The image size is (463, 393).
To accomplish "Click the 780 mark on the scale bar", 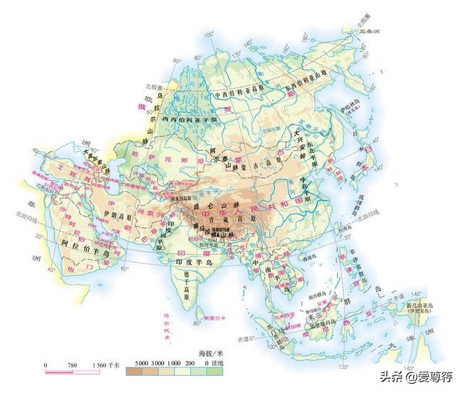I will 71,365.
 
